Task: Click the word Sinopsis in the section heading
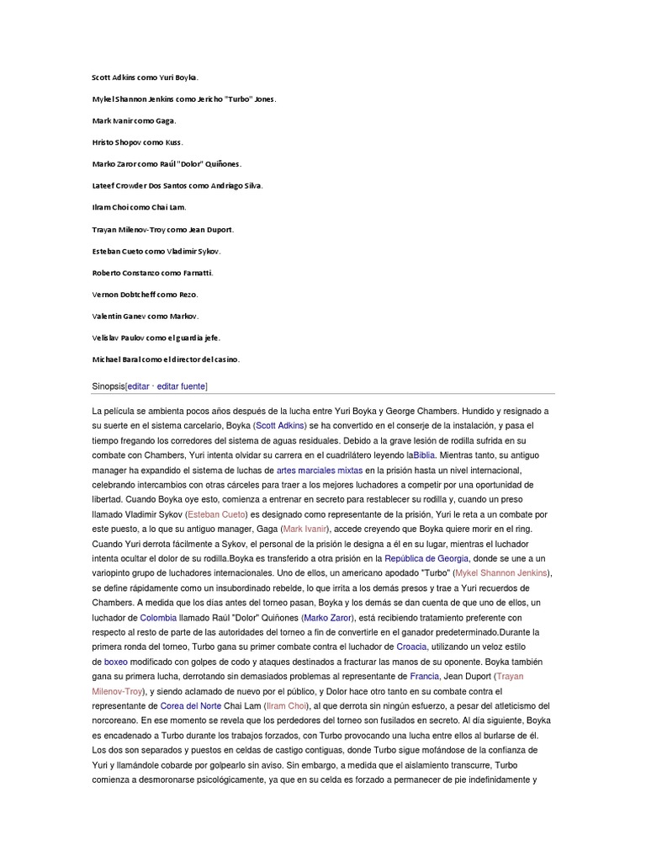[x=108, y=386]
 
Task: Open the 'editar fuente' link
[x=181, y=386]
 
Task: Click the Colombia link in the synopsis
[x=158, y=617]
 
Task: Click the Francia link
[x=425, y=676]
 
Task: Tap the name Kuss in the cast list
[x=171, y=142]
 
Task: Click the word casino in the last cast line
[x=225, y=359]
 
